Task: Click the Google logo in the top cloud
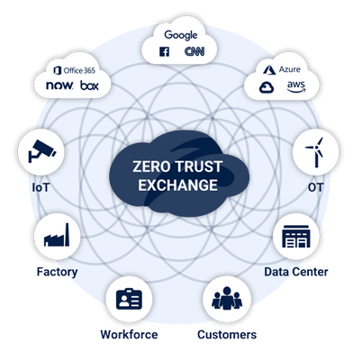[x=181, y=35]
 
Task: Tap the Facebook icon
[x=164, y=51]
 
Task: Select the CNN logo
[x=195, y=51]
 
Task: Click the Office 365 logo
[x=74, y=70]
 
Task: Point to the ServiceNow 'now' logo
[x=59, y=85]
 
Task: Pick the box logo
[x=89, y=85]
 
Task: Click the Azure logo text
[x=290, y=69]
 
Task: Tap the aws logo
[x=296, y=86]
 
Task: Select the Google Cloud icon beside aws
[x=267, y=88]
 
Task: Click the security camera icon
[x=41, y=151]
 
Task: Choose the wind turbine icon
[x=315, y=152]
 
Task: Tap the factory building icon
[x=57, y=235]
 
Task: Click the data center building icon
[x=296, y=237]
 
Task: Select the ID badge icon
[x=129, y=299]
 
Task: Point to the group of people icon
[x=227, y=298]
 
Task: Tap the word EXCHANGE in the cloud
[x=177, y=184]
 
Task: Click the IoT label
[x=41, y=187]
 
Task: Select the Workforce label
[x=129, y=335]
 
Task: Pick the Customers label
[x=227, y=335]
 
